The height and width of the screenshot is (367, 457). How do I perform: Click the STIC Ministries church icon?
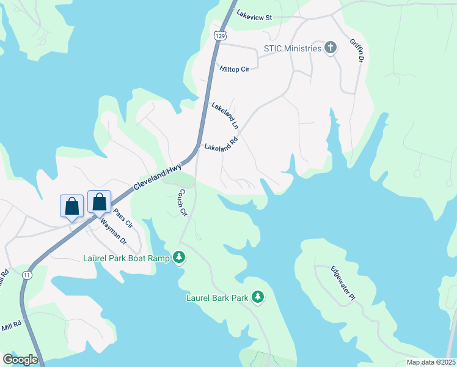331,48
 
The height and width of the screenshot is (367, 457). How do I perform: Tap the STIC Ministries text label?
292,48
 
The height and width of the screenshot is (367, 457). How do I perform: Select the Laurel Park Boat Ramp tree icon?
179,258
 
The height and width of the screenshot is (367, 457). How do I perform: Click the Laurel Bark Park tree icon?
258,298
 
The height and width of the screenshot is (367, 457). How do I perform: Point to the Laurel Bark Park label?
218,298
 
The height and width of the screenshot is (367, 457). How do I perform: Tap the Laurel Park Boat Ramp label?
126,258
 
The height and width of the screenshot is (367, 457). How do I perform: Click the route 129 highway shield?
220,36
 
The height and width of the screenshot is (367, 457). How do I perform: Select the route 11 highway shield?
27,276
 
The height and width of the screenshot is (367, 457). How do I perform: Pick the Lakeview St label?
254,17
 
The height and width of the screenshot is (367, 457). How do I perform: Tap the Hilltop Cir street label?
235,69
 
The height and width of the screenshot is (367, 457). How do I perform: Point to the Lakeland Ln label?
224,115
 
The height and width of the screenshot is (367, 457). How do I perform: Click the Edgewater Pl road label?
343,283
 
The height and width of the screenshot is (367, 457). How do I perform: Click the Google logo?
20,360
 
